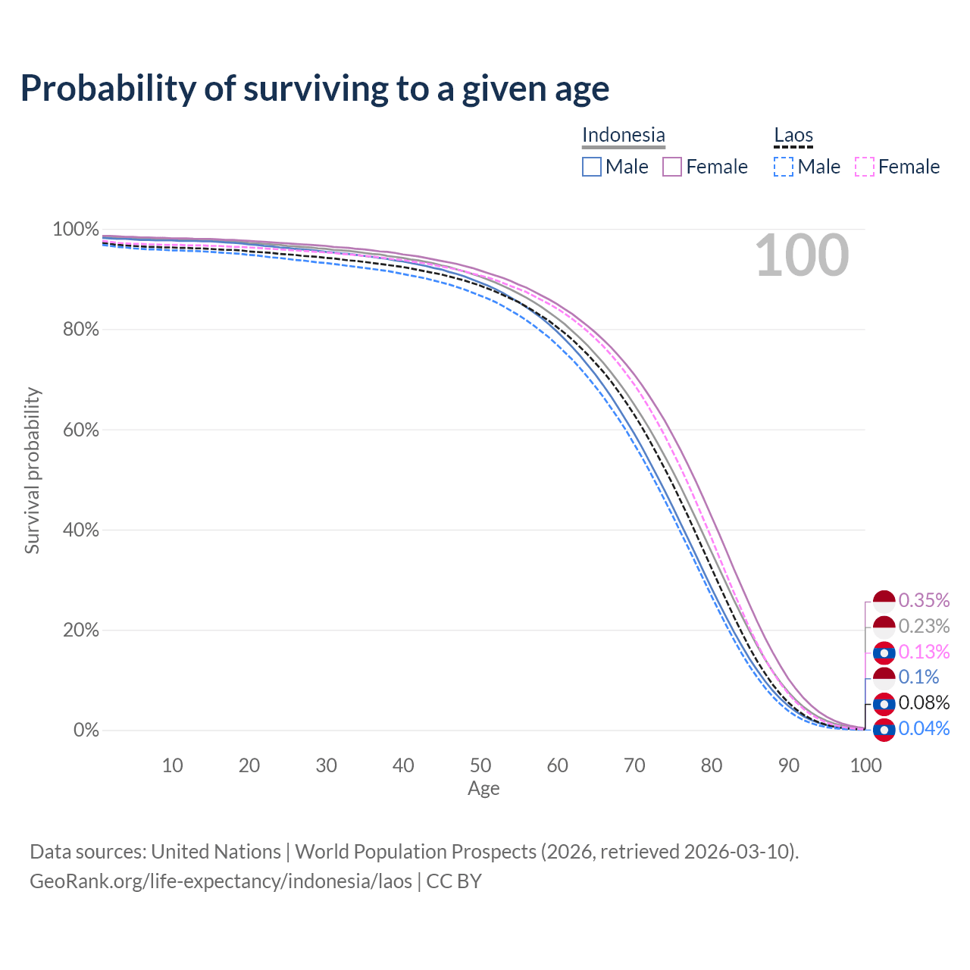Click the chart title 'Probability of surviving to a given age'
314,89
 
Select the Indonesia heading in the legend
623,135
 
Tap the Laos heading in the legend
793,135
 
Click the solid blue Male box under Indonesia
592,167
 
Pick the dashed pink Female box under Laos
865,167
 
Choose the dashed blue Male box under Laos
784,167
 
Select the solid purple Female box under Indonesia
672,167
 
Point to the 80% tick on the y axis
76,330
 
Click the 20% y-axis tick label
76,630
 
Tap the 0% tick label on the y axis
86,731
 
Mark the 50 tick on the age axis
480,765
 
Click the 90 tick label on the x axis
789,765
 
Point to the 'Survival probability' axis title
32,471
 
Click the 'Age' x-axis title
483,789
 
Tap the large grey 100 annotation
802,255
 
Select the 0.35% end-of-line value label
924,600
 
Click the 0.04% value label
924,728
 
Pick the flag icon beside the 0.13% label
884,652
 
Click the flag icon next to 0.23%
884,627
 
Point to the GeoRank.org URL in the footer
221,881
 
